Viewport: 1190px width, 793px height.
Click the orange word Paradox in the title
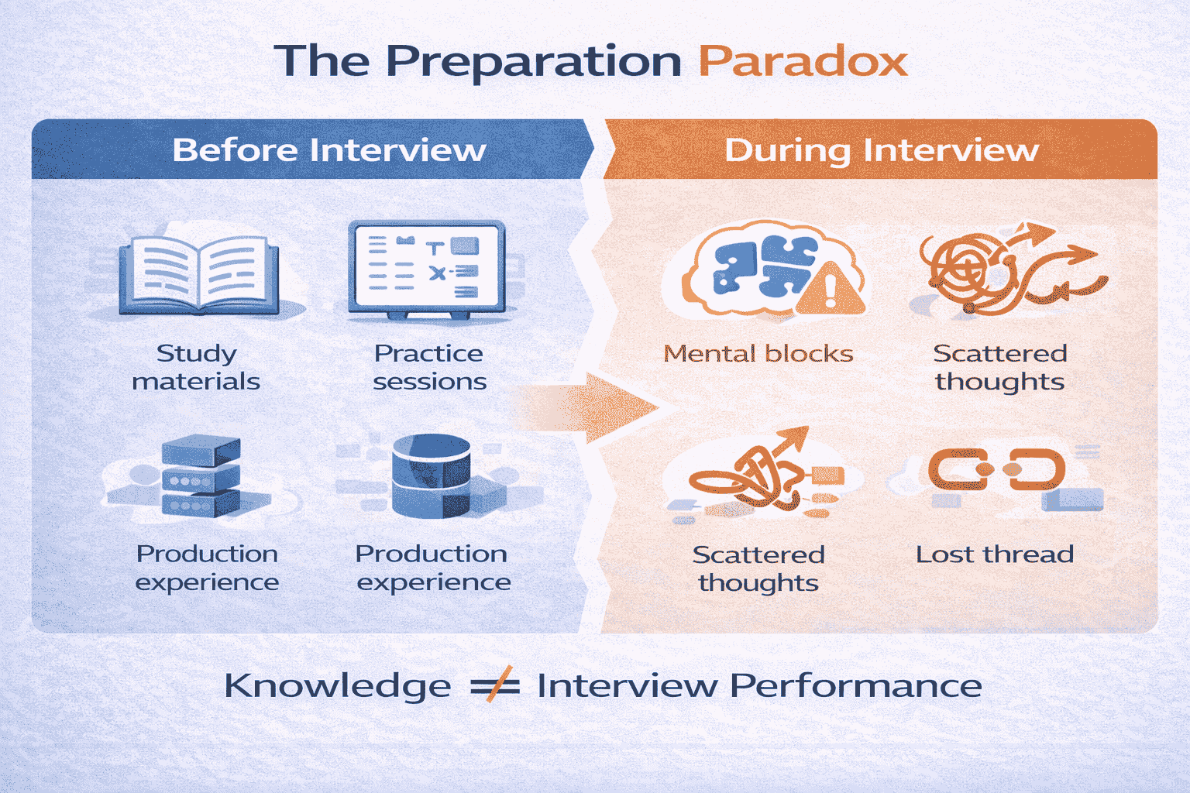tap(803, 61)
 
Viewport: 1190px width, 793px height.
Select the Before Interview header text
tap(329, 149)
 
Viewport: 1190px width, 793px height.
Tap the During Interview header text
tap(881, 149)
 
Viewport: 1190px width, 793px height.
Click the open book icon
tap(199, 275)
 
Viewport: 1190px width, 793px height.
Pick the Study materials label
tap(196, 367)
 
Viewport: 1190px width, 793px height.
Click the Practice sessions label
tap(429, 367)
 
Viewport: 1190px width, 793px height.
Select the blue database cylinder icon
tap(432, 475)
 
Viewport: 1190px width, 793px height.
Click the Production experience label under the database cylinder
tap(432, 568)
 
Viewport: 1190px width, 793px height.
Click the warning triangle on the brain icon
tap(831, 290)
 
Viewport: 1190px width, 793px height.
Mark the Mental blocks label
tap(758, 354)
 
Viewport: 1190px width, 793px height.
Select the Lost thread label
tap(995, 554)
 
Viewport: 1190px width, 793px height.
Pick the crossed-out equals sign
tap(494, 685)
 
